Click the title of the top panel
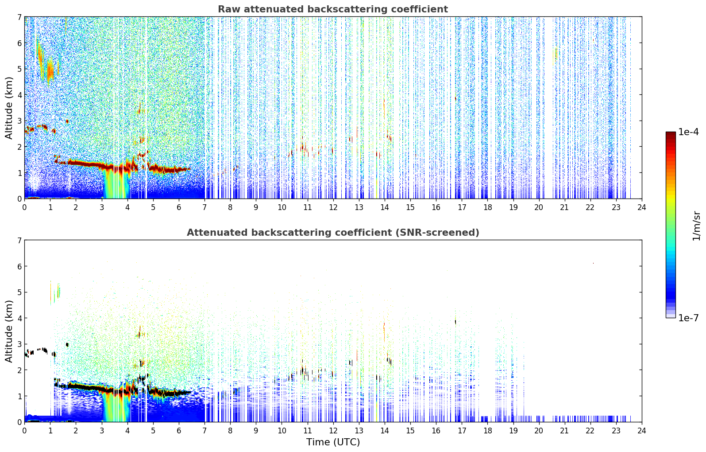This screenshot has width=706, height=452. coord(333,9)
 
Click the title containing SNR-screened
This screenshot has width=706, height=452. coord(333,233)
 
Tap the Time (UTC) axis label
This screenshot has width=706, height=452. coord(333,442)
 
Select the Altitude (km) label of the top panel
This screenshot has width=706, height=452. coord(9,108)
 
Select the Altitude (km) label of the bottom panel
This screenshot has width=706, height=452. coord(9,331)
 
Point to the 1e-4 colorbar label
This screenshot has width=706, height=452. coord(688,132)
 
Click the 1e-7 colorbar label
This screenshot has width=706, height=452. coord(688,318)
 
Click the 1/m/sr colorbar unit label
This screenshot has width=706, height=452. coord(696,226)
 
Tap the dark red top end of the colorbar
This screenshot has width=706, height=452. coord(671,134)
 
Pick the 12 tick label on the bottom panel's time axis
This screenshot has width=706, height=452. coord(333,431)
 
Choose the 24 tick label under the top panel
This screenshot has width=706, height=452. coord(642,207)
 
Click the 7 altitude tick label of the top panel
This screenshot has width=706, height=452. coord(19,17)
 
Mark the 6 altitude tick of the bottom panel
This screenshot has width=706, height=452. coord(19,266)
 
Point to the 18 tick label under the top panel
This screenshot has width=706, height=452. coord(488,207)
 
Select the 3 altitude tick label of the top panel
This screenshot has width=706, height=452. coord(19,121)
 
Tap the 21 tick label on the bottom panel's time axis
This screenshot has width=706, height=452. coord(564,431)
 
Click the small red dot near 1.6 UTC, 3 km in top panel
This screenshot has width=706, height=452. coord(67,121)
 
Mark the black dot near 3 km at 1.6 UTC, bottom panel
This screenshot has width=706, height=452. coord(67,345)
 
